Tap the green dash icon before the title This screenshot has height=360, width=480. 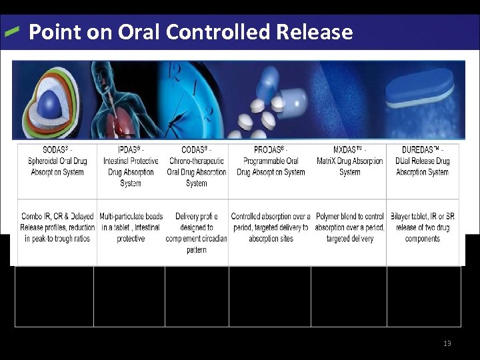tap(13, 31)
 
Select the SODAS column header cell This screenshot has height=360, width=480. tap(57, 161)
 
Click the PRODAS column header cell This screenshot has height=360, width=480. tap(271, 161)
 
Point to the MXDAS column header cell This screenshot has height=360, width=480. tap(349, 161)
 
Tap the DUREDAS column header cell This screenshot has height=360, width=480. tap(423, 161)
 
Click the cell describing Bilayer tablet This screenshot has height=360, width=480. tap(423, 227)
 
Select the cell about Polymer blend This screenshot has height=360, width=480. tap(349, 227)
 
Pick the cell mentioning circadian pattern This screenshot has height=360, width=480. tap(197, 233)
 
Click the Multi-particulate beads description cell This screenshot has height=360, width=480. tap(131, 227)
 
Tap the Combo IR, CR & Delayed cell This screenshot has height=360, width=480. tap(57, 227)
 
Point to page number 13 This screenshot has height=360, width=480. tap(447, 343)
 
